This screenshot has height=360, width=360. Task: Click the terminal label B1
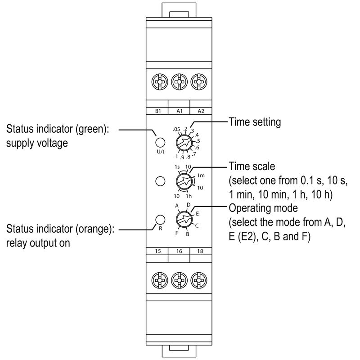[x=158, y=111]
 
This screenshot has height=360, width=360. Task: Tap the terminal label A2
[x=200, y=111]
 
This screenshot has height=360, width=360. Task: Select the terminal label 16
[x=179, y=251]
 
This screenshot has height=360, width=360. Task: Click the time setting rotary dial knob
[x=184, y=143]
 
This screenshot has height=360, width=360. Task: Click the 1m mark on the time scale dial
[x=201, y=175]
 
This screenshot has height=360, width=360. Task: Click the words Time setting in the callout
[x=255, y=122]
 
